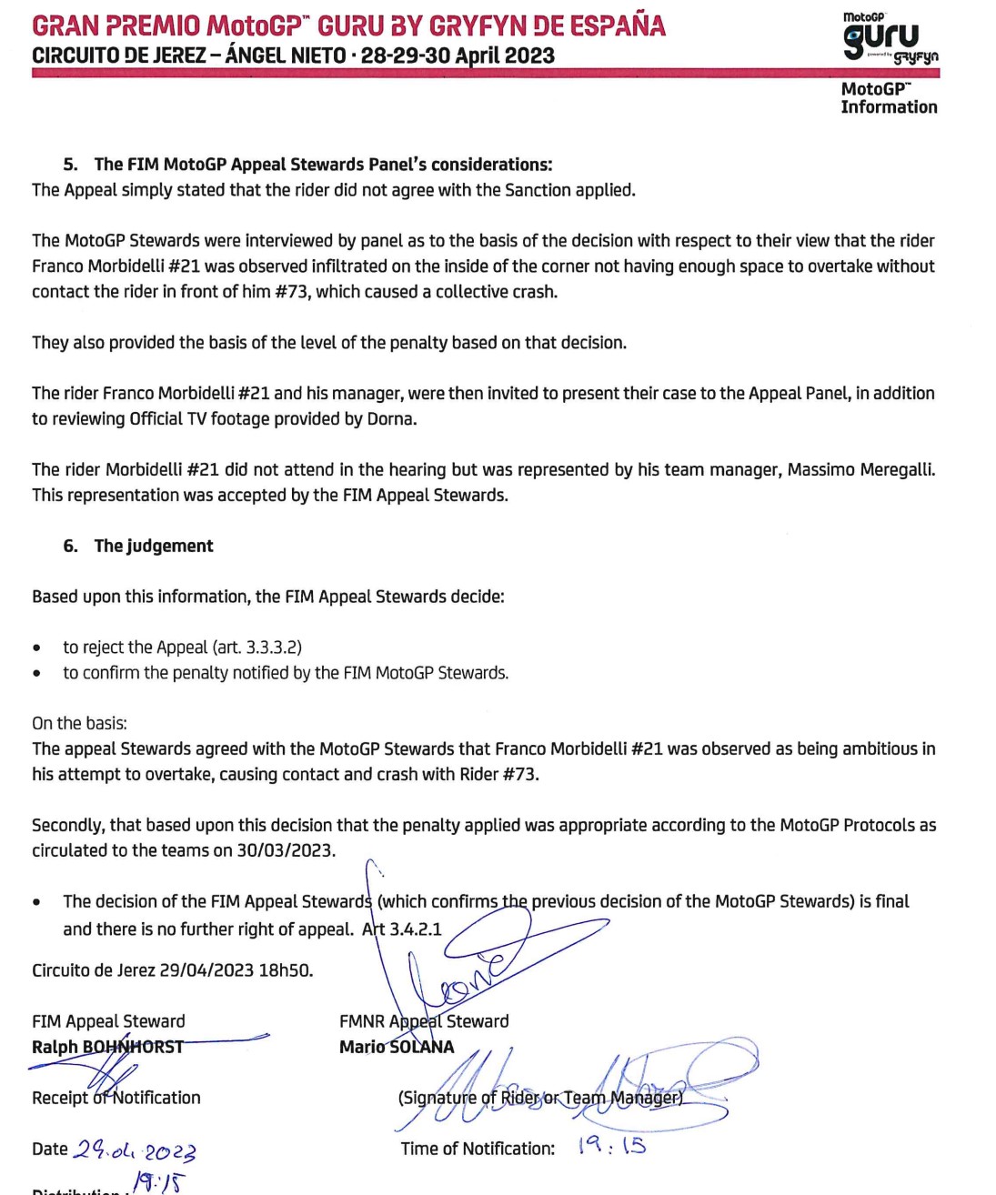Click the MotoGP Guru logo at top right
click(889, 38)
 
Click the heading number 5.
click(70, 165)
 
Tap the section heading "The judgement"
click(154, 546)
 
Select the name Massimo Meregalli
click(860, 470)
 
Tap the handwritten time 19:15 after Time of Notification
click(611, 1146)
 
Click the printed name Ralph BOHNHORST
click(107, 1047)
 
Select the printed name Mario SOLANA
click(397, 1047)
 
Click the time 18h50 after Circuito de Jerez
click(286, 970)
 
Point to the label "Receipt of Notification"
click(116, 1098)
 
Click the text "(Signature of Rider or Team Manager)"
click(540, 1098)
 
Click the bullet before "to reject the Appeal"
click(36, 648)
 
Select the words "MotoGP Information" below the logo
click(888, 98)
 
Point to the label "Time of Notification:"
click(478, 1149)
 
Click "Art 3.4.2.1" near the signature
click(402, 929)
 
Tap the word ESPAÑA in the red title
click(618, 25)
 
